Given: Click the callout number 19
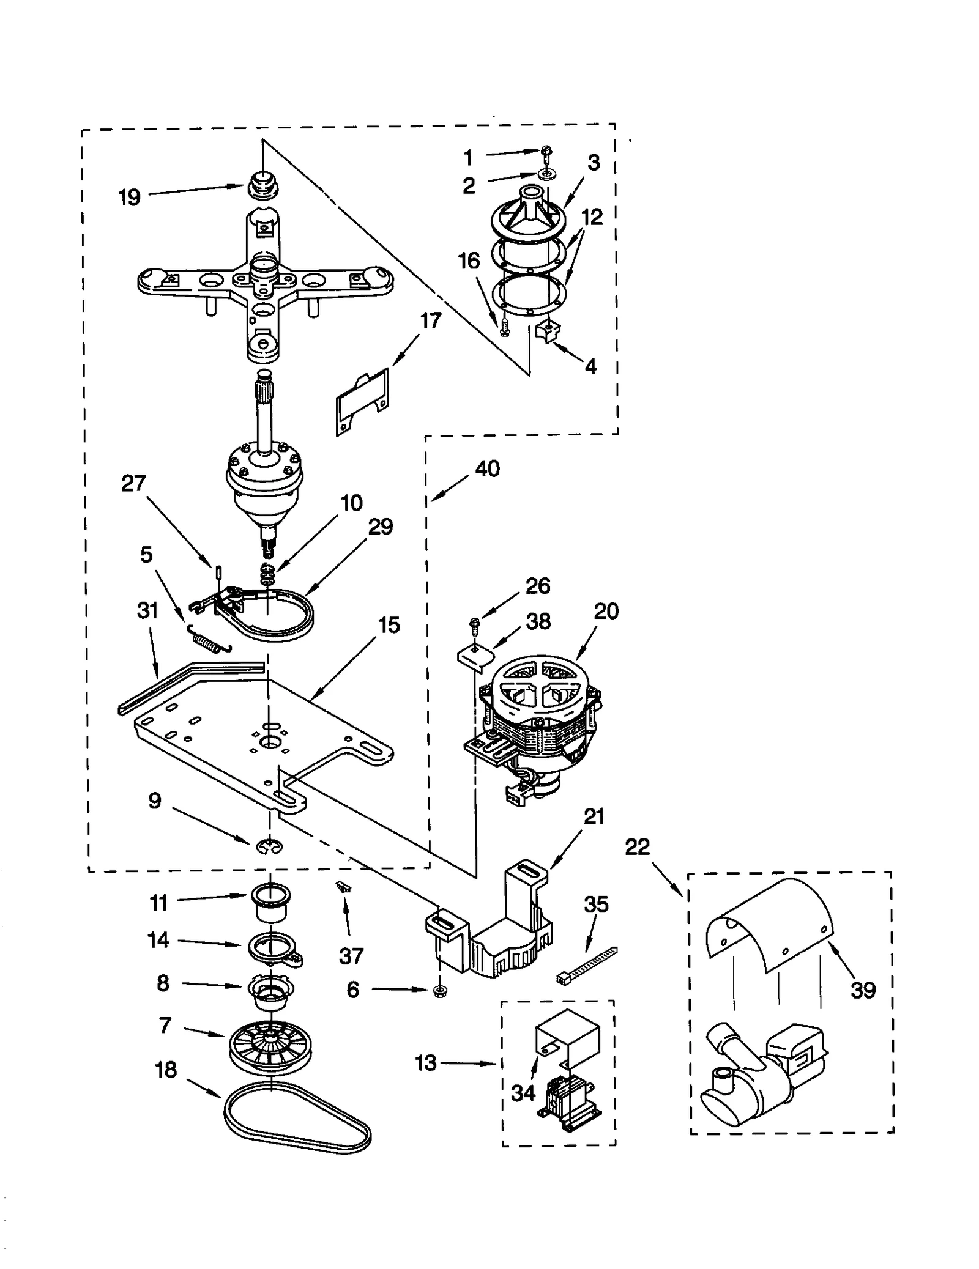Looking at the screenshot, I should [x=129, y=198].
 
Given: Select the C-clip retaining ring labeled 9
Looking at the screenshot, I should [x=269, y=847].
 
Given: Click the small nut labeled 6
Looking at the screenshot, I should [x=438, y=991].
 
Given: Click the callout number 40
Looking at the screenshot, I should [x=488, y=469].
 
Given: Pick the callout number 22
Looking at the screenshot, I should [x=637, y=848].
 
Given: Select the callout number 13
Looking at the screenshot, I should [x=426, y=1063].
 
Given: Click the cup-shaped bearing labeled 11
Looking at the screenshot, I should [x=269, y=903].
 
